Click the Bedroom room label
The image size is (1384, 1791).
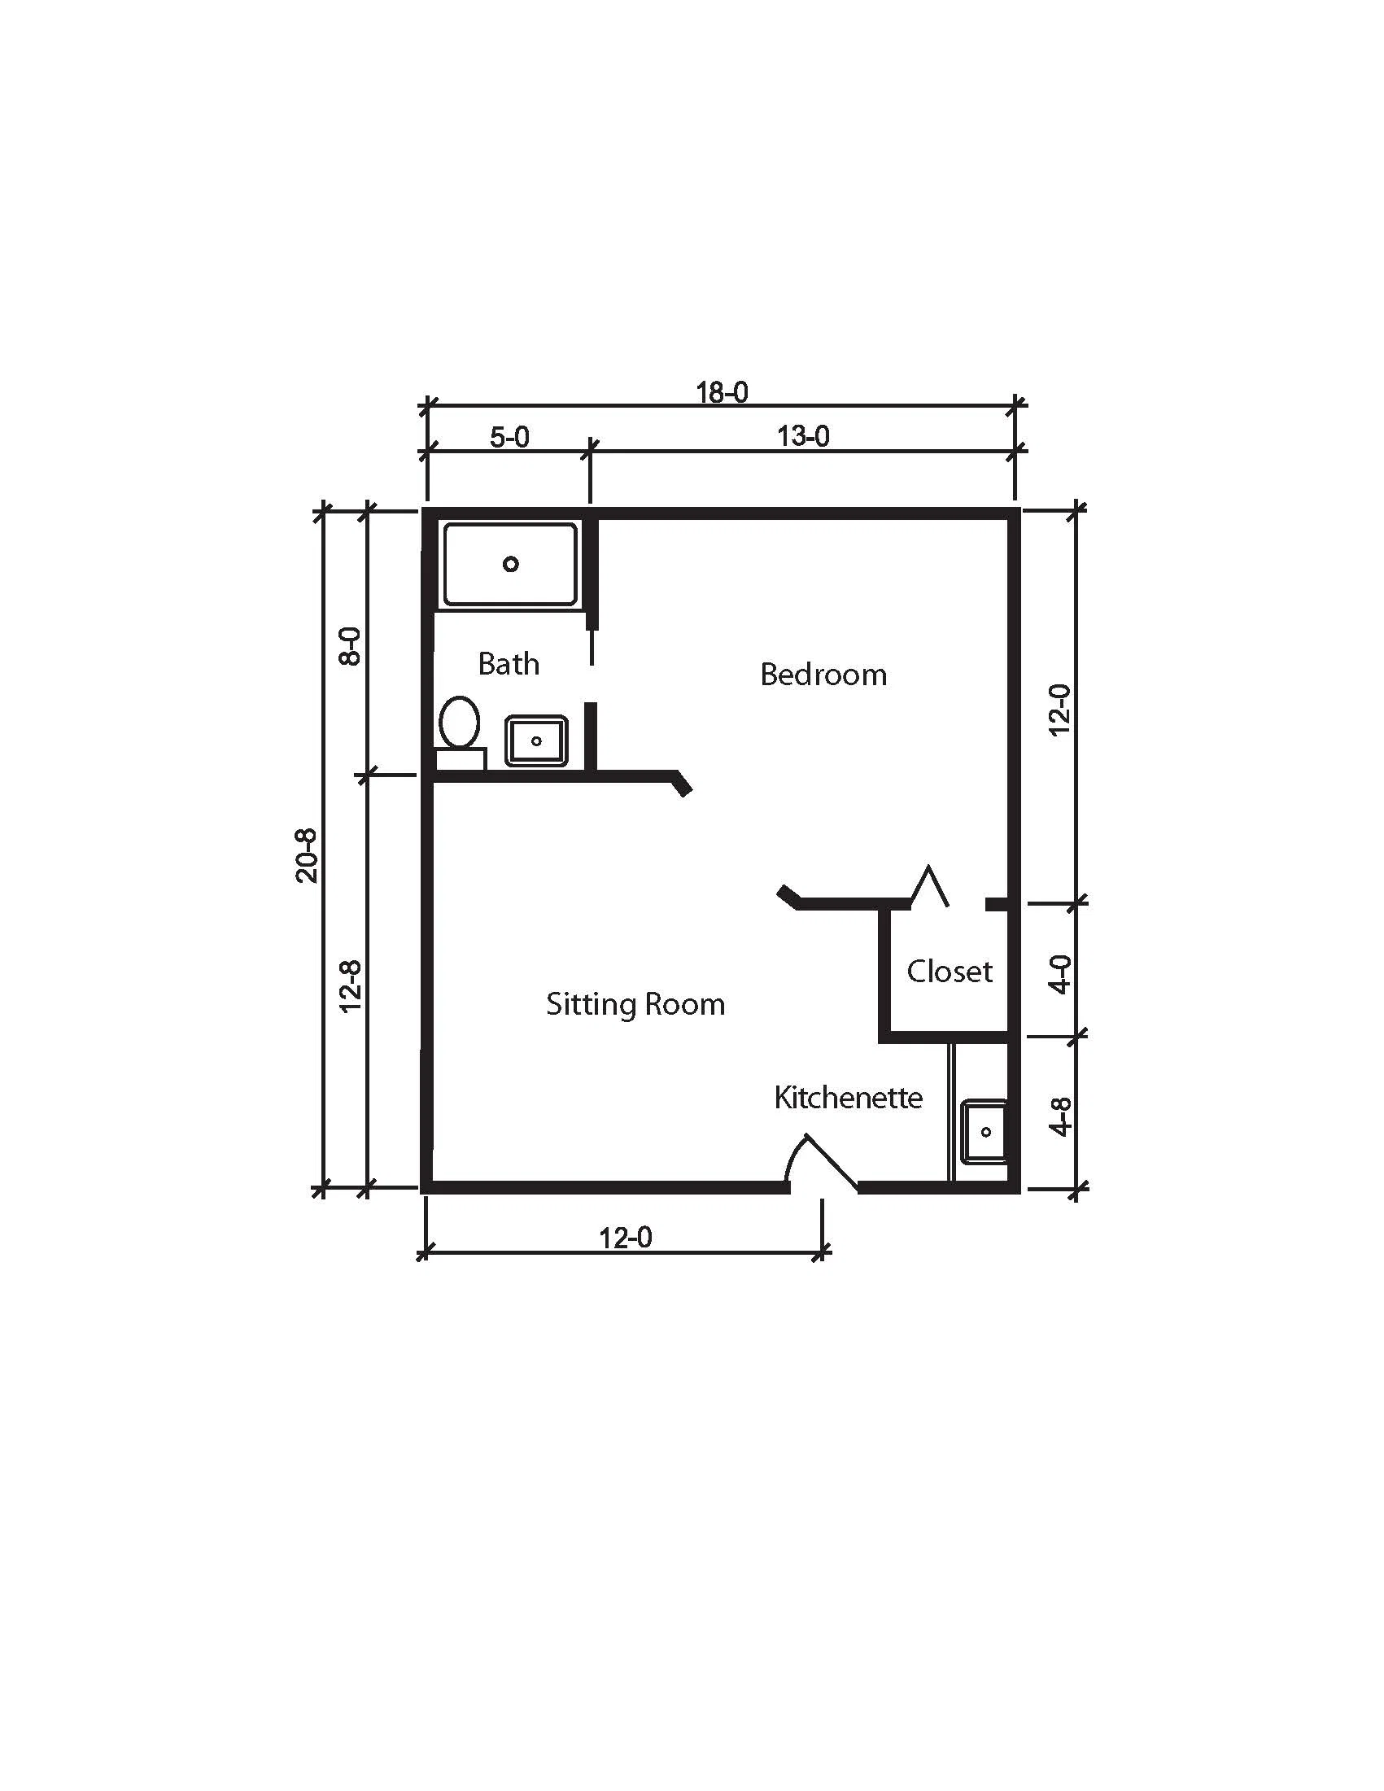click(x=823, y=675)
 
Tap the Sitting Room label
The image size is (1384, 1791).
click(x=635, y=1005)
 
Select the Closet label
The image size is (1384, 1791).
click(x=950, y=972)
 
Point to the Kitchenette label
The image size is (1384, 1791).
click(x=849, y=1097)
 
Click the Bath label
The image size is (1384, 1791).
click(x=509, y=663)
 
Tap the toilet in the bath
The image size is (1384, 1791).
click(x=460, y=732)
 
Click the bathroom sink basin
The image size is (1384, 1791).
click(x=536, y=741)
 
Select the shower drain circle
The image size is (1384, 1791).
click(x=511, y=564)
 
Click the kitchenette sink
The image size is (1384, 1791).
click(x=984, y=1132)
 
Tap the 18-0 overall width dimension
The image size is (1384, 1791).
click(x=723, y=393)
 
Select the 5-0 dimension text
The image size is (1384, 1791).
click(x=509, y=437)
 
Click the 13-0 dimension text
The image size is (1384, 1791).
click(x=804, y=436)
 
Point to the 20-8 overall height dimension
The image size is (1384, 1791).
click(x=306, y=855)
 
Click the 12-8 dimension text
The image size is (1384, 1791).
click(x=351, y=986)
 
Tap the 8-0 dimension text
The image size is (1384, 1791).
click(x=350, y=646)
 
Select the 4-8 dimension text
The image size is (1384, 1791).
click(x=1061, y=1117)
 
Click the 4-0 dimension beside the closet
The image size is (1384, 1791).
click(x=1061, y=974)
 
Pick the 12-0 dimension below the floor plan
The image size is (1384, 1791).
click(x=626, y=1238)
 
